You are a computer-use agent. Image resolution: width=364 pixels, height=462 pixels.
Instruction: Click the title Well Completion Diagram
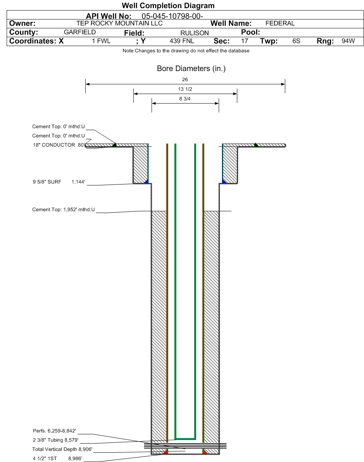(168, 6)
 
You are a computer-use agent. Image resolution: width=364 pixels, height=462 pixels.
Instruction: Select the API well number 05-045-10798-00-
(172, 16)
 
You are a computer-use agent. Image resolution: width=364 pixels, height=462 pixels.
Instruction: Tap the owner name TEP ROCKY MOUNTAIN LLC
(119, 23)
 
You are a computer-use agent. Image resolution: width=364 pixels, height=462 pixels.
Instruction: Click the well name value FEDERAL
(280, 23)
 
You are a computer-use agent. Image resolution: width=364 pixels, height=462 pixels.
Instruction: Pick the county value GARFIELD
(79, 32)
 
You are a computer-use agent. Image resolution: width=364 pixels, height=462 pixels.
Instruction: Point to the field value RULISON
(194, 33)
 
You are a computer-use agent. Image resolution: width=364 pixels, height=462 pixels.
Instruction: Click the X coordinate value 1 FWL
(101, 41)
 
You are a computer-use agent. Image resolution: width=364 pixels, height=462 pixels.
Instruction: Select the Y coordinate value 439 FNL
(182, 41)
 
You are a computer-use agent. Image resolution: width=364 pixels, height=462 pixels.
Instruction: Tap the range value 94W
(348, 41)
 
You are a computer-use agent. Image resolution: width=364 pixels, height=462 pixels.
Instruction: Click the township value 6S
(296, 41)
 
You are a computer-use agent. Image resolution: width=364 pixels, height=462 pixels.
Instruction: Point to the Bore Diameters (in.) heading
(191, 68)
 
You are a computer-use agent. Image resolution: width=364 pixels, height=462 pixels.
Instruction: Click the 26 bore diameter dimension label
(185, 80)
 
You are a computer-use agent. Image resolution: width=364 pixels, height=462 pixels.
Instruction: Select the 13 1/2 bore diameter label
(185, 89)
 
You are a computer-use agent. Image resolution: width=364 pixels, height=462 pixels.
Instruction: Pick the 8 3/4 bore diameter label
(185, 98)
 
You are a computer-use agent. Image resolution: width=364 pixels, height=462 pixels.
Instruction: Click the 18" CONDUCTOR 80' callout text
(59, 145)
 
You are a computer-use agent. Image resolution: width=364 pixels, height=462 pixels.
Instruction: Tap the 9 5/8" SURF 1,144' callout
(59, 182)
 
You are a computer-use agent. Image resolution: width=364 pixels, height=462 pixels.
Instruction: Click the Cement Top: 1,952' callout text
(63, 209)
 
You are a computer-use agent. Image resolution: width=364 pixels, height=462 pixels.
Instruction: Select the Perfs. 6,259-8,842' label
(54, 430)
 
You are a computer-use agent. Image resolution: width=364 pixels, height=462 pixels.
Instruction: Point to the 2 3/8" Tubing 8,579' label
(56, 440)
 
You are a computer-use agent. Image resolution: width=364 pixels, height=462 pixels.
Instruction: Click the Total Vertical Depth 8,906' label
(62, 449)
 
